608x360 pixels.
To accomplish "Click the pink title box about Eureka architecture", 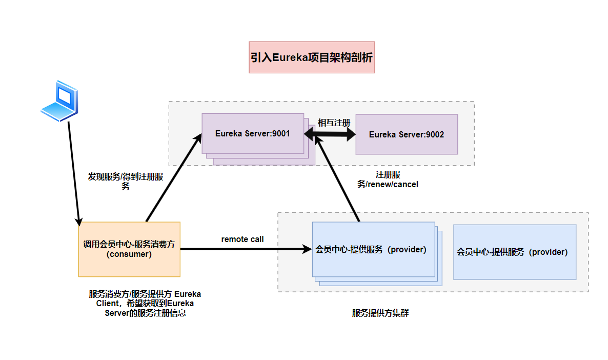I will pyautogui.click(x=312, y=57).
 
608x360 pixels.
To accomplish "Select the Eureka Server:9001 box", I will pyautogui.click(x=253, y=133).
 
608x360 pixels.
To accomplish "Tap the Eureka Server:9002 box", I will pyautogui.click(x=407, y=134).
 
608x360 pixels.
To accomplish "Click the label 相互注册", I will pyautogui.click(x=334, y=123).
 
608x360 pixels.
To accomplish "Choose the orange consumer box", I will pyautogui.click(x=129, y=249).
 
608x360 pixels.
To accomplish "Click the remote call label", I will pyautogui.click(x=242, y=239).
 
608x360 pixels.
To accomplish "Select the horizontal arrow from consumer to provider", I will pyautogui.click(x=246, y=250).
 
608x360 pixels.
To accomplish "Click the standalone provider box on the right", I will pyautogui.click(x=515, y=252).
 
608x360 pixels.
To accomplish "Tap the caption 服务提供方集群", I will pyautogui.click(x=380, y=313).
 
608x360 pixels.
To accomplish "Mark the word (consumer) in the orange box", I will pyautogui.click(x=129, y=254).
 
